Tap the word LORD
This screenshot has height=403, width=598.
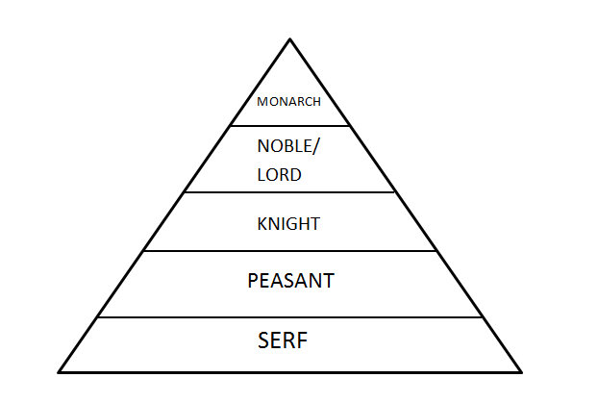(280, 175)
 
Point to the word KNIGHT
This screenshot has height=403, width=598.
(288, 224)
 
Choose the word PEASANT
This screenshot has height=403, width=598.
(290, 281)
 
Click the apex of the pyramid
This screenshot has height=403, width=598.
(290, 39)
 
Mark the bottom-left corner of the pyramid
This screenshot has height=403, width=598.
(60, 371)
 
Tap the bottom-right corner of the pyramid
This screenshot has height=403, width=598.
(521, 371)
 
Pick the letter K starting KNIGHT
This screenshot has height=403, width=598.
(262, 224)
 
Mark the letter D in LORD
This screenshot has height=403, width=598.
(296, 175)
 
